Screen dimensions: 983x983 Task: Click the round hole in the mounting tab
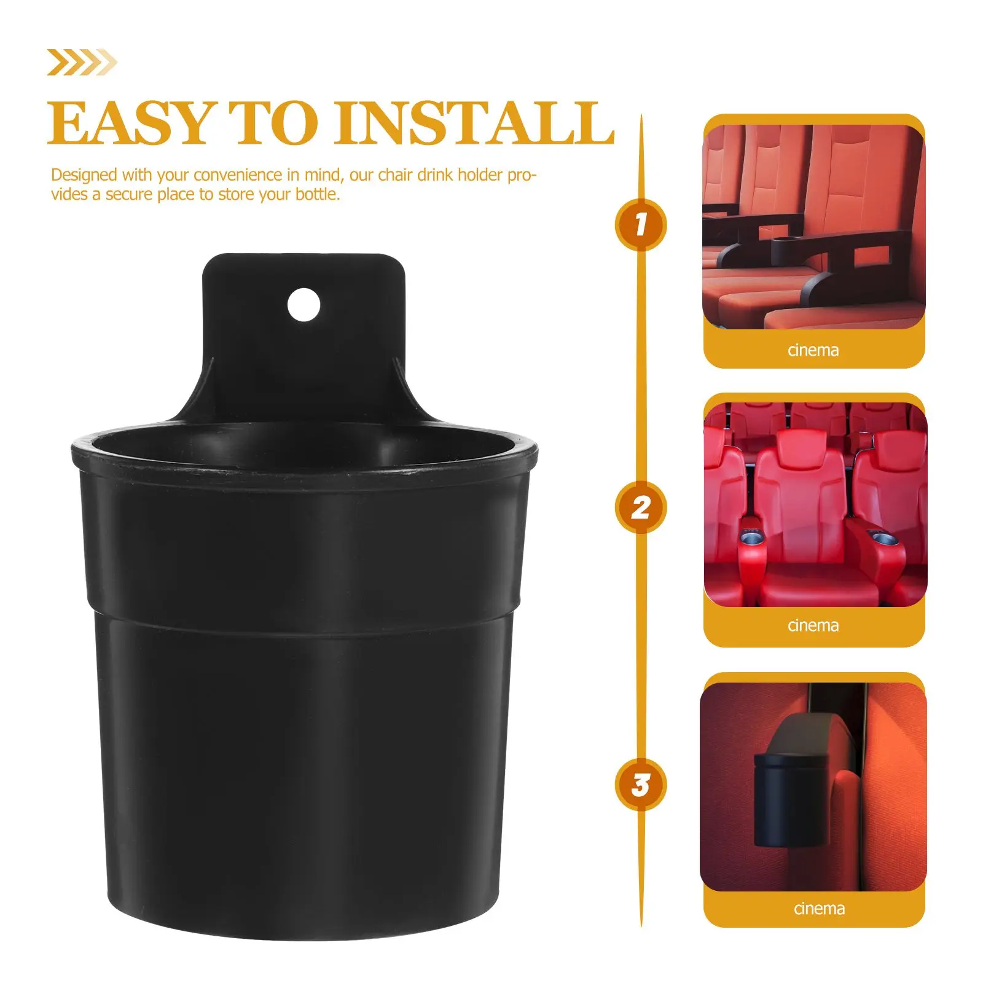pyautogui.click(x=304, y=304)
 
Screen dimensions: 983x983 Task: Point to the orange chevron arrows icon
pyautogui.click(x=82, y=63)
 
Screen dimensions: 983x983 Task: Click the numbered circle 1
pyautogui.click(x=641, y=224)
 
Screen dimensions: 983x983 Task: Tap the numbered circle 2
pyautogui.click(x=641, y=507)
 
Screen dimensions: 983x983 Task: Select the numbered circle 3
pyautogui.click(x=641, y=785)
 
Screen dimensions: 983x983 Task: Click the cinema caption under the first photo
pyautogui.click(x=813, y=350)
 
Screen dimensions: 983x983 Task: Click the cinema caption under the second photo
pyautogui.click(x=813, y=625)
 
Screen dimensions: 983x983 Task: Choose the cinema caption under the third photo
pyautogui.click(x=819, y=908)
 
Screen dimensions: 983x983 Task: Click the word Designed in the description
pyautogui.click(x=84, y=175)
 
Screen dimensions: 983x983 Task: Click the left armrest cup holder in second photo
pyautogui.click(x=753, y=539)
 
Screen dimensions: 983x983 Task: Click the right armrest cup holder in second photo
pyautogui.click(x=883, y=539)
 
